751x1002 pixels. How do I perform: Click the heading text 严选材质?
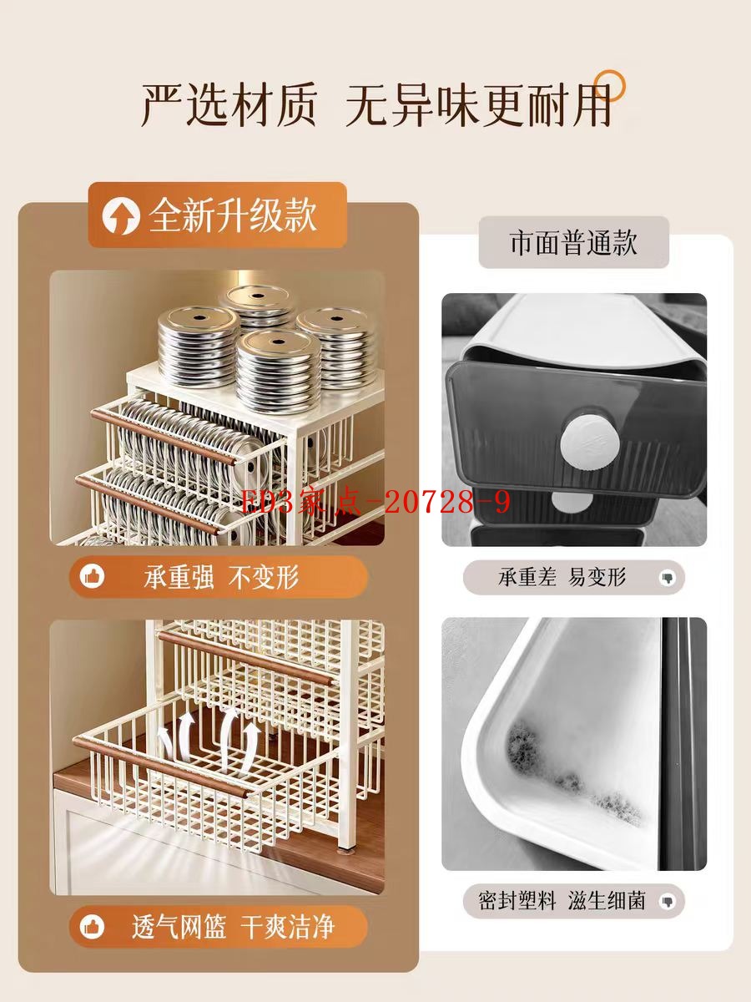[229, 105]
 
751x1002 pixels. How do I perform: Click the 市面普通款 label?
[573, 242]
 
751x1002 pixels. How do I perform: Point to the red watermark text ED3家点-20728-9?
[375, 503]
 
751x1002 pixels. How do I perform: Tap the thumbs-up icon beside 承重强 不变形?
[92, 577]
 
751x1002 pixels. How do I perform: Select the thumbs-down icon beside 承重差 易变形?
[667, 579]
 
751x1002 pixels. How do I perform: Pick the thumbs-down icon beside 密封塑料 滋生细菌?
[667, 902]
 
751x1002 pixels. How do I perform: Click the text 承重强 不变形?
[222, 577]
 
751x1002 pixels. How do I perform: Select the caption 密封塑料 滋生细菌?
[562, 901]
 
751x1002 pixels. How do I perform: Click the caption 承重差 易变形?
[562, 577]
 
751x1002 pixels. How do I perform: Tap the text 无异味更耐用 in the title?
[479, 105]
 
